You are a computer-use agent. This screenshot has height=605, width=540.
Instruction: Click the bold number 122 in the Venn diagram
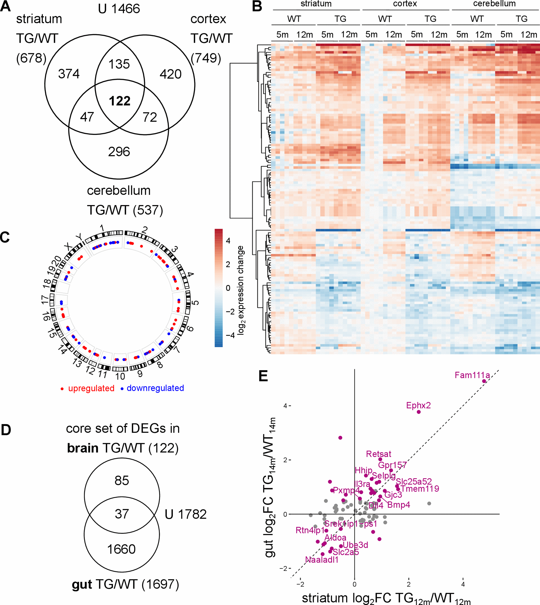pyautogui.click(x=120, y=101)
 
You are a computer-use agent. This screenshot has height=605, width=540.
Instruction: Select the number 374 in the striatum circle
pyautogui.click(x=69, y=74)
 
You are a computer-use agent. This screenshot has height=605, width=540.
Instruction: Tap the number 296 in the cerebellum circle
pyautogui.click(x=119, y=152)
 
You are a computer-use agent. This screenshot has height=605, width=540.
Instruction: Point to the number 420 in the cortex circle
pyautogui.click(x=170, y=74)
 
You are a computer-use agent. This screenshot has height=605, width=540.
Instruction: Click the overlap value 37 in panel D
pyautogui.click(x=122, y=514)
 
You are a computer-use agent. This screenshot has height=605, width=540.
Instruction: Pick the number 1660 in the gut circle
pyautogui.click(x=121, y=549)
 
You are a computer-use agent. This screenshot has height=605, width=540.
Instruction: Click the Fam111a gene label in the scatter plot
pyautogui.click(x=472, y=375)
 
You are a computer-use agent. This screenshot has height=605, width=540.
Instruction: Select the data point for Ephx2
pyautogui.click(x=419, y=412)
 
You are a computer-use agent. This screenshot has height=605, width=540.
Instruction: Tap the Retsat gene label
pyautogui.click(x=378, y=454)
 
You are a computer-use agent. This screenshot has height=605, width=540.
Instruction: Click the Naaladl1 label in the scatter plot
pyautogui.click(x=322, y=560)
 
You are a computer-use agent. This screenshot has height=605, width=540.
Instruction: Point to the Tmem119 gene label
pyautogui.click(x=420, y=489)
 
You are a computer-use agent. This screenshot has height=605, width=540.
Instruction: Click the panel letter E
pyautogui.click(x=263, y=376)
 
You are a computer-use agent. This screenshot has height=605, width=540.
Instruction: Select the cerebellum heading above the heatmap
pyautogui.click(x=494, y=4)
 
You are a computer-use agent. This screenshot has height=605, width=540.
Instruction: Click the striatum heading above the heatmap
pyautogui.click(x=316, y=4)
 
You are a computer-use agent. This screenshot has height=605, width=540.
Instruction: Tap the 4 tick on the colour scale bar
pyautogui.click(x=228, y=241)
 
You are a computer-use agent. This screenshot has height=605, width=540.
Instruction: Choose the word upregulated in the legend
pyautogui.click(x=91, y=388)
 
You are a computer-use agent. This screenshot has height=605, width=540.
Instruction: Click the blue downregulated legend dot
pyautogui.click(x=122, y=389)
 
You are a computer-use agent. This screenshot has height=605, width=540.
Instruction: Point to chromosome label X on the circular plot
pyautogui.click(x=68, y=246)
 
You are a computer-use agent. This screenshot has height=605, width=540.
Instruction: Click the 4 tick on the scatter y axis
pyautogui.click(x=285, y=406)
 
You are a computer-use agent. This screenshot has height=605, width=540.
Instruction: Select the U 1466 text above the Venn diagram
pyautogui.click(x=119, y=9)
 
